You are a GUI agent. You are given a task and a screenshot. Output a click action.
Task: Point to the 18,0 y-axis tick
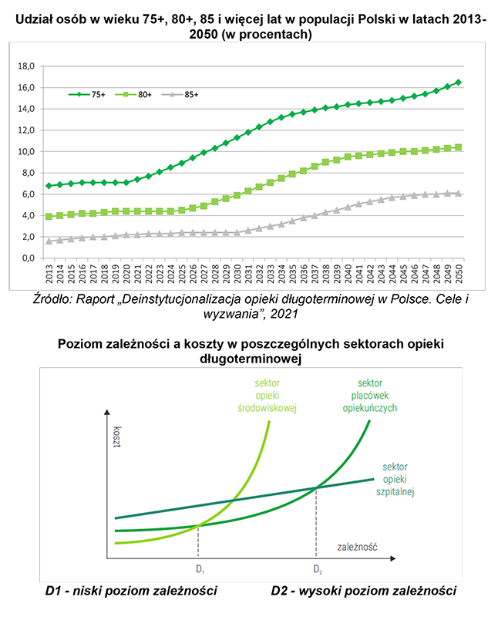[x=28, y=66]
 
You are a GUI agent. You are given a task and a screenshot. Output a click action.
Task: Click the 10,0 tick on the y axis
[x=28, y=151]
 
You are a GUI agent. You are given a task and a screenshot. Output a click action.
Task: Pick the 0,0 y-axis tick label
[x=30, y=258]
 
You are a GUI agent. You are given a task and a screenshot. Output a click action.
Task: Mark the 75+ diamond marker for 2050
[x=459, y=83]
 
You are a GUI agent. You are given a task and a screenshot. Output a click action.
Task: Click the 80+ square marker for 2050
[x=459, y=147]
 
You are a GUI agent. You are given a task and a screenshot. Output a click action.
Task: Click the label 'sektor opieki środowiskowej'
[x=268, y=396]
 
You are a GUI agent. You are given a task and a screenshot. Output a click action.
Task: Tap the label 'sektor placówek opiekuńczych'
[x=370, y=395]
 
